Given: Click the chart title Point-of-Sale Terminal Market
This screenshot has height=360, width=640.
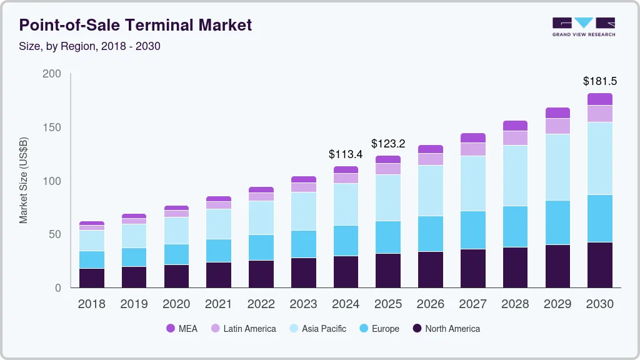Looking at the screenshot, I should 136,25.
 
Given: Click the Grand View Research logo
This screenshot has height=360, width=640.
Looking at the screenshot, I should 583,26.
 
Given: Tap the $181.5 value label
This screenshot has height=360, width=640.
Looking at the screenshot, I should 600,81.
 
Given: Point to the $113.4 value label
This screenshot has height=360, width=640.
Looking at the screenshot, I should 346,154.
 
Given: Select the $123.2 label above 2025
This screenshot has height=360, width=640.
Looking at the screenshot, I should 388,144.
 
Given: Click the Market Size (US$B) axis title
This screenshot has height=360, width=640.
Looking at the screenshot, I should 24,181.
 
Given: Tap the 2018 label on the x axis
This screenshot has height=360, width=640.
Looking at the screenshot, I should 91,304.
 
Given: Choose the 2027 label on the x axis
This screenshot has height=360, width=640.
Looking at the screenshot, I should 473,304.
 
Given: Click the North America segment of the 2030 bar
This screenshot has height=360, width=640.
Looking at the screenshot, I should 600,265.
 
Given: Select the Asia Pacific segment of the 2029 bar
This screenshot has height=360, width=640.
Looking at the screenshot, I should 557,167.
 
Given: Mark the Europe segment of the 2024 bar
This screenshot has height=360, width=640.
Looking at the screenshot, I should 346,241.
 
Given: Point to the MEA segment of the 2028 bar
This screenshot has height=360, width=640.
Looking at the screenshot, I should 515,126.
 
